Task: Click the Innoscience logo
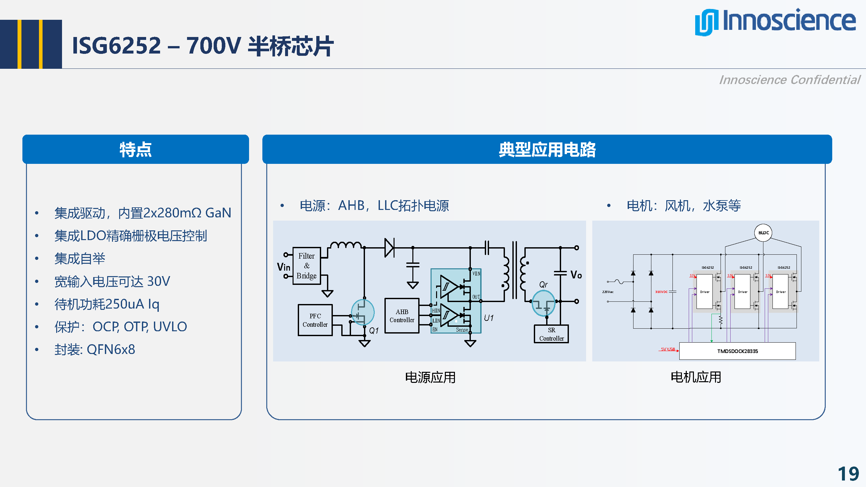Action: pos(775,21)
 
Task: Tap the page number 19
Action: pos(848,474)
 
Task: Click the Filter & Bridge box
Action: pos(306,266)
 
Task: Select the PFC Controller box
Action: pos(315,320)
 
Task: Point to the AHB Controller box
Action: pos(402,316)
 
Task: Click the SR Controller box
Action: pos(551,334)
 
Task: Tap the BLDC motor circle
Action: pos(763,233)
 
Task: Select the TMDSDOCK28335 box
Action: pos(737,351)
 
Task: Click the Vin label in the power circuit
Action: pos(283,267)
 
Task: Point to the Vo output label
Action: pos(576,275)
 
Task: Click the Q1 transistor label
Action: pos(373,331)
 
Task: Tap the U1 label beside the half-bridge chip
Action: pos(488,318)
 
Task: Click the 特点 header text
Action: pos(135,150)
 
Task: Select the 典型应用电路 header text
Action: pos(547,150)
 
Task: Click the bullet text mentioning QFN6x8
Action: pos(95,349)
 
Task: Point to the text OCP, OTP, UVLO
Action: pos(140,326)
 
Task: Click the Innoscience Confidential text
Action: pos(789,80)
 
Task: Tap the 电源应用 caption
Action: pos(430,377)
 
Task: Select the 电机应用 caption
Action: pos(696,377)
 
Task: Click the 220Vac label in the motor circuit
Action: pos(608,292)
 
